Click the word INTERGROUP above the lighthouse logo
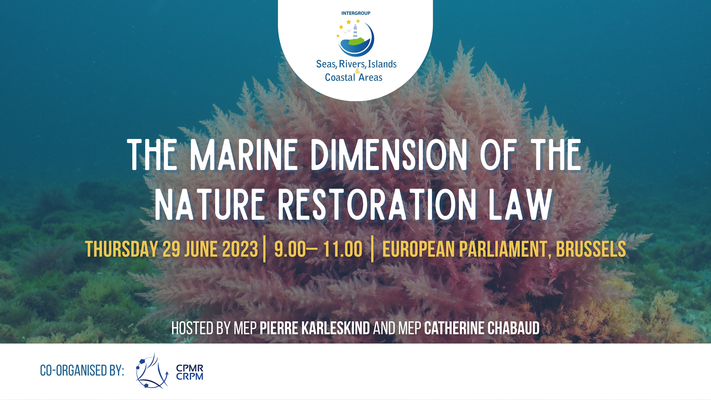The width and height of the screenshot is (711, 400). click(356, 13)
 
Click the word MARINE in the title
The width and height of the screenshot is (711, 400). click(244, 155)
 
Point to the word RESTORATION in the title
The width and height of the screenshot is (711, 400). click(377, 205)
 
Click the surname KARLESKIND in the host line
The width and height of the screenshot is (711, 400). click(336, 328)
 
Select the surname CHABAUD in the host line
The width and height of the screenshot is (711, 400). click(514, 328)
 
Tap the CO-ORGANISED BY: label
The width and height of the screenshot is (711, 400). click(82, 370)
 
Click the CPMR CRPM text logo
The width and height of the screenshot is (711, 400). click(190, 372)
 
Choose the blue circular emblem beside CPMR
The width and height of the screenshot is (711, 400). click(152, 371)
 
